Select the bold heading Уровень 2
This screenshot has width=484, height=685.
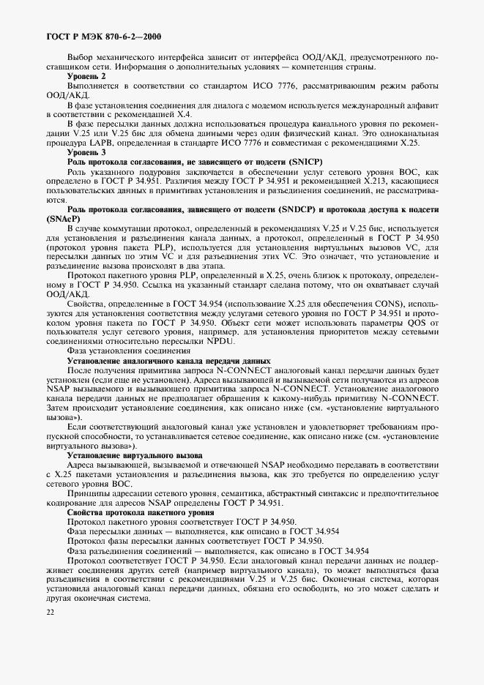(86, 76)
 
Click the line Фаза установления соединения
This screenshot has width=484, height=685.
(124, 351)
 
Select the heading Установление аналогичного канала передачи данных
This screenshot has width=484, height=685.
(169, 361)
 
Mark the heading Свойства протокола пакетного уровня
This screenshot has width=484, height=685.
(139, 512)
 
